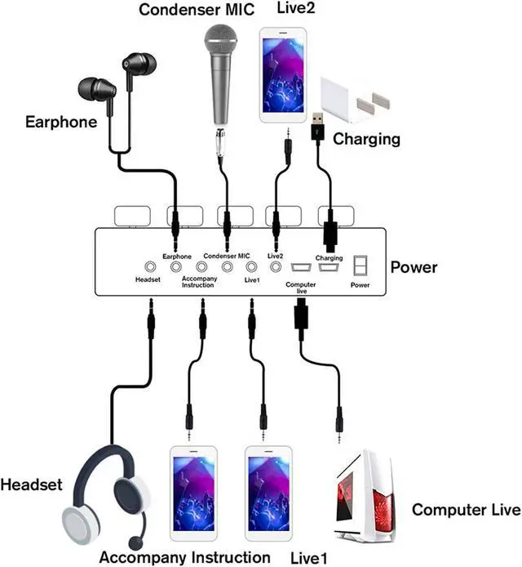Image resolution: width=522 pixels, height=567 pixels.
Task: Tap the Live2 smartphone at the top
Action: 282,75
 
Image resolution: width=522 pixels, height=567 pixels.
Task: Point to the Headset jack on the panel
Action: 150,266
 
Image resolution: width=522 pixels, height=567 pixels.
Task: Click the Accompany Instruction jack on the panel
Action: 200,266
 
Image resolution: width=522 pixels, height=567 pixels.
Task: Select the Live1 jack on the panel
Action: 251,266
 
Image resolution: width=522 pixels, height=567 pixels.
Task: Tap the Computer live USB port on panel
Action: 298,267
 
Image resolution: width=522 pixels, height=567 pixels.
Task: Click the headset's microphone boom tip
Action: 134,542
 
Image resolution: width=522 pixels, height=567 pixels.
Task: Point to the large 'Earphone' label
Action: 61,123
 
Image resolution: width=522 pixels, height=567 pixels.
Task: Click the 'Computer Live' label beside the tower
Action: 465,510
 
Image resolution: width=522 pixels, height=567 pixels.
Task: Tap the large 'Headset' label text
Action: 31,484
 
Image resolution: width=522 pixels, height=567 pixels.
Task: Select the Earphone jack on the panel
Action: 175,266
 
